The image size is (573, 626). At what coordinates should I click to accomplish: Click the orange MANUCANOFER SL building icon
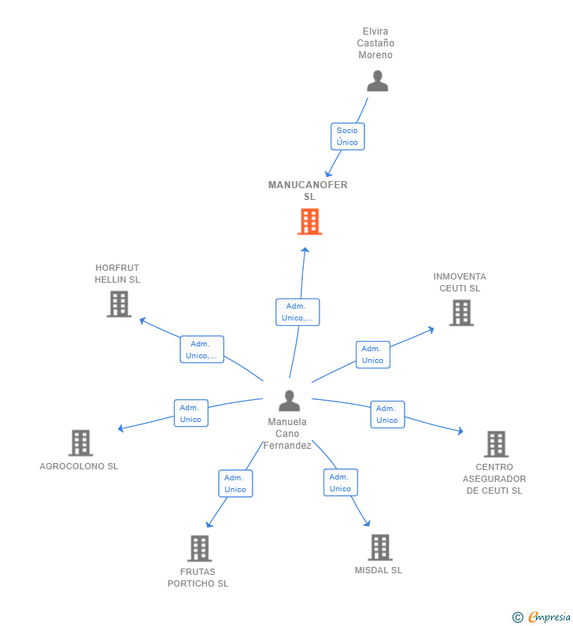(309, 222)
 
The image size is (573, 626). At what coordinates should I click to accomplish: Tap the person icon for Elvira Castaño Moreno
(378, 81)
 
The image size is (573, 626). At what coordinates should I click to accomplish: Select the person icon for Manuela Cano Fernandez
(290, 401)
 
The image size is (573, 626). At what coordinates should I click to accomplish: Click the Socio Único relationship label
(347, 136)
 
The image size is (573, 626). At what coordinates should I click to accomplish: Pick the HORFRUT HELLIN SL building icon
(119, 304)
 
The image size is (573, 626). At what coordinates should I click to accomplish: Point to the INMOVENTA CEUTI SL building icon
(461, 313)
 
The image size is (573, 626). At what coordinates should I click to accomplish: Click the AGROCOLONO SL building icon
(80, 443)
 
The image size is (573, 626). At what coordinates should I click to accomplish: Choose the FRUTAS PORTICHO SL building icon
(200, 548)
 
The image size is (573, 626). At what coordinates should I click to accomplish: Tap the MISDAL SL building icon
(380, 546)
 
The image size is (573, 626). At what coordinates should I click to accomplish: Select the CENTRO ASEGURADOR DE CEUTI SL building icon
(496, 444)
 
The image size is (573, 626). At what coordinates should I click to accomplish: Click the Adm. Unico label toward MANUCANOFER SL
(298, 312)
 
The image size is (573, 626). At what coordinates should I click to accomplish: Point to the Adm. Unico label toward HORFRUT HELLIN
(201, 350)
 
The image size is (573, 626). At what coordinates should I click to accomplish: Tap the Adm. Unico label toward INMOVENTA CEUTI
(372, 354)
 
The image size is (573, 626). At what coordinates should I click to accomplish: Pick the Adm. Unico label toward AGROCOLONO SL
(190, 413)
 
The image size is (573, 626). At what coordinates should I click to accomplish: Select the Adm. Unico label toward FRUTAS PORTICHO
(235, 483)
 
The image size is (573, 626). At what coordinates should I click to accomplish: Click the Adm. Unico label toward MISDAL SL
(340, 483)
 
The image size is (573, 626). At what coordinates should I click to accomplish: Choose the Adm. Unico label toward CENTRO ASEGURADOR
(387, 414)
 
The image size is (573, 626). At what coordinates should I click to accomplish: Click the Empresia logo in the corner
(542, 617)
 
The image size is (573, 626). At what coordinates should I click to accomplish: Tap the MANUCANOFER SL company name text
(308, 191)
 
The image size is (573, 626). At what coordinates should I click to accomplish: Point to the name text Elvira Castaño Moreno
(375, 43)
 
